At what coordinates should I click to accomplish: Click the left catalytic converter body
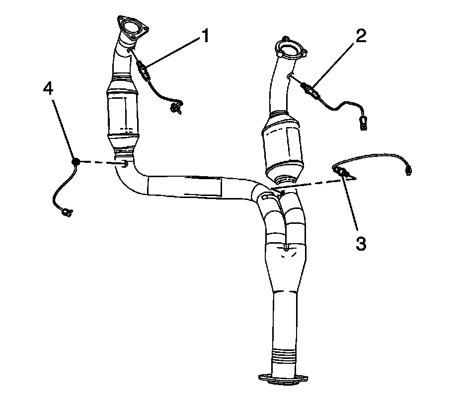122,114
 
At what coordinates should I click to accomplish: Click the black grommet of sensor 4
76,162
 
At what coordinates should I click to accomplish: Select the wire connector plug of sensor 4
65,213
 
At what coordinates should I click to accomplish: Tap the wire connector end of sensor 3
409,170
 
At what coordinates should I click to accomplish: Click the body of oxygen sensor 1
144,72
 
